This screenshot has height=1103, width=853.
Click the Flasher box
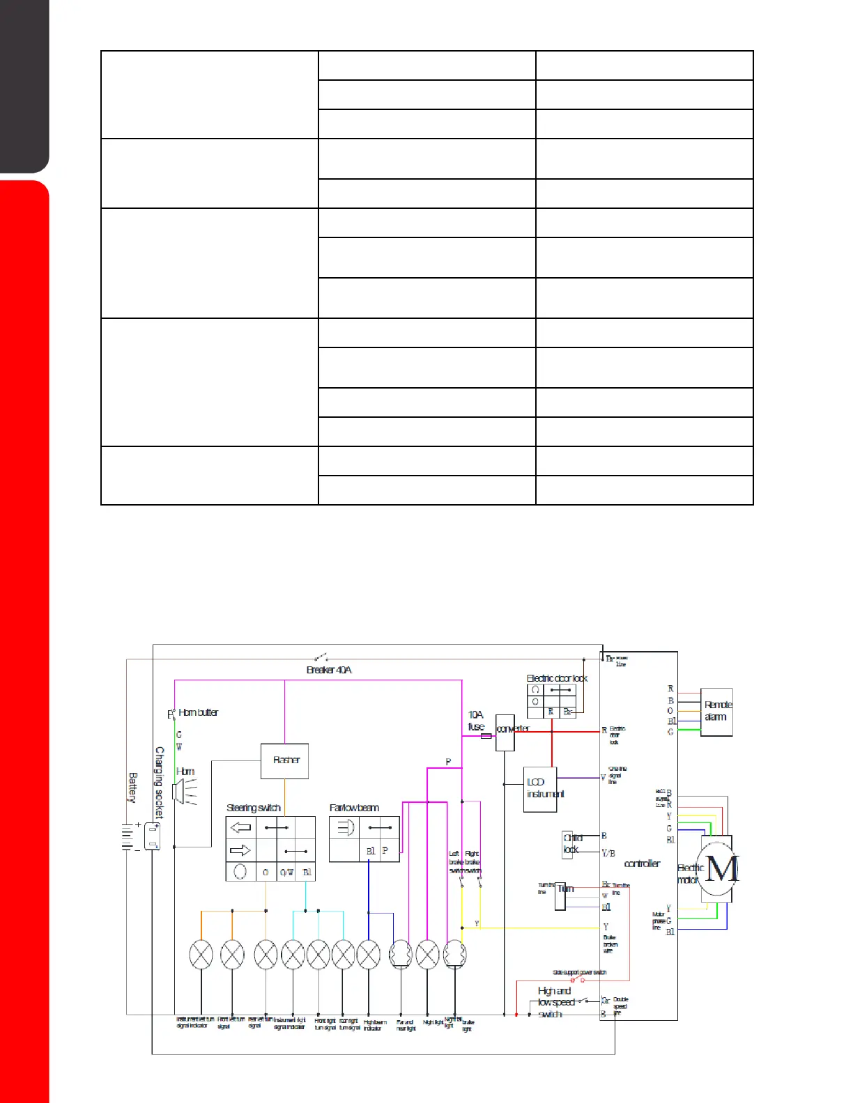click(284, 760)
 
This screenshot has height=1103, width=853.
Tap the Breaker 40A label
click(329, 670)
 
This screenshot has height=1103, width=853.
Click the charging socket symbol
click(153, 836)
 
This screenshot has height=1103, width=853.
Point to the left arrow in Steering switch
click(241, 827)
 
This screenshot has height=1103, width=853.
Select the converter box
click(505, 733)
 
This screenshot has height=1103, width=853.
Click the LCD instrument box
click(540, 790)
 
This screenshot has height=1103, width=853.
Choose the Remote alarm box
click(716, 712)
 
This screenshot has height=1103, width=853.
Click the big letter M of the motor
click(721, 868)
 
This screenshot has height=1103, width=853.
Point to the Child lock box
click(571, 844)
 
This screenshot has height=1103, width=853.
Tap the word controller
click(642, 863)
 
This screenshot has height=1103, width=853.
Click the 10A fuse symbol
click(486, 736)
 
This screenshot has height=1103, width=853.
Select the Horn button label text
click(198, 712)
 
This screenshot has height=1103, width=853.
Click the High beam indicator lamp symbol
click(368, 955)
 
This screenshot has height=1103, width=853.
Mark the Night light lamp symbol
click(427, 955)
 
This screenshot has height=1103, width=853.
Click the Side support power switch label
click(579, 972)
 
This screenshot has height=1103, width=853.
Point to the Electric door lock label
click(557, 678)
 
